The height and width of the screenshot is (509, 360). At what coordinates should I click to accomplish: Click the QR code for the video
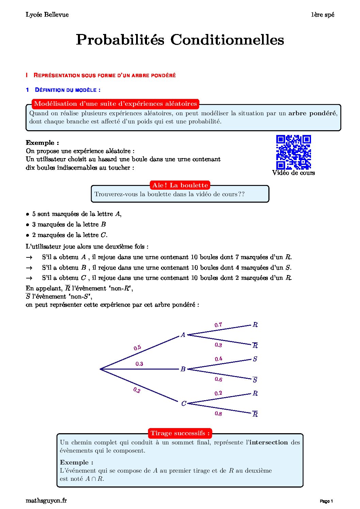pos(293,152)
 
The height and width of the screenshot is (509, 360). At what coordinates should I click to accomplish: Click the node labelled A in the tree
pos(183,335)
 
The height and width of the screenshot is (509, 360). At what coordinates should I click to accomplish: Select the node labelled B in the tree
pos(183,369)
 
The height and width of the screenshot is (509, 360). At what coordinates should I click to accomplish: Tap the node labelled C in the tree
pos(183,403)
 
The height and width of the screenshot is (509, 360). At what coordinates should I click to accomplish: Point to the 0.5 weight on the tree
pos(137,348)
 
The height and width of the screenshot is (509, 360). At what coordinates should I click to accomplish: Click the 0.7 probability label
pos(218,325)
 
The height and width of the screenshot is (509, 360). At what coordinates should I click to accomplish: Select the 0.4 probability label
pos(218,359)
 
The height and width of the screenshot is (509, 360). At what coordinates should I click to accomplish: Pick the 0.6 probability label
pos(218,379)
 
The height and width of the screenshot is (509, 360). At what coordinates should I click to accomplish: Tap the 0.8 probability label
pos(218,413)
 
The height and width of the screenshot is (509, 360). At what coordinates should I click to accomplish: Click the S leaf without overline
pos(255,359)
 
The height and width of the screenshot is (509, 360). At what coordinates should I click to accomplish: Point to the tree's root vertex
pos(100,369)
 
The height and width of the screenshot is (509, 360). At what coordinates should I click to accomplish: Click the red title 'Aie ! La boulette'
pos(180,185)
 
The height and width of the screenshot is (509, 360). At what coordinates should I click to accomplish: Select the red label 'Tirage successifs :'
pos(180,433)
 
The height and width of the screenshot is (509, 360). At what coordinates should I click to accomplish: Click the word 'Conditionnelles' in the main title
pos(227,40)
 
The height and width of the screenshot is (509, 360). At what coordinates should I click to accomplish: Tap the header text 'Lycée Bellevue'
pos(47,15)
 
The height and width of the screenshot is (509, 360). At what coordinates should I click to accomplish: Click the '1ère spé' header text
pos(322,15)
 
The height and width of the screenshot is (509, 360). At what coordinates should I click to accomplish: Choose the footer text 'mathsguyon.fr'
pos(46,500)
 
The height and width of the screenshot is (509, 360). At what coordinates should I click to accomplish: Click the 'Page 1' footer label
pos(326,501)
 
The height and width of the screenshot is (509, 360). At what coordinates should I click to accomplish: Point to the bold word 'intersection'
pos(268,442)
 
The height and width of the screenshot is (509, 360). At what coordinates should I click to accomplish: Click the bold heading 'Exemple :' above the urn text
pos(42,143)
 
